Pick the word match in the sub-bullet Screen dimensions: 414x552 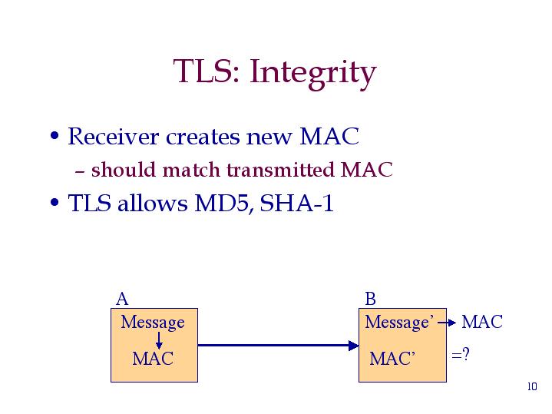pos(182,170)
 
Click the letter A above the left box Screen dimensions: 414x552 pos(121,299)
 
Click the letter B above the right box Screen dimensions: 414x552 pos(370,299)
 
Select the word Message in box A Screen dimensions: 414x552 pos(153,322)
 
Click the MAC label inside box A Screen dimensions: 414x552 pos(152,359)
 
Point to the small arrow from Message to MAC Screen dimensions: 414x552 pos(158,340)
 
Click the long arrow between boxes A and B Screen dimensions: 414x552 pos(277,346)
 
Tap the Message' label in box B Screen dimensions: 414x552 pos(400,322)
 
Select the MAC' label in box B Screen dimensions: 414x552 pos(392,359)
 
